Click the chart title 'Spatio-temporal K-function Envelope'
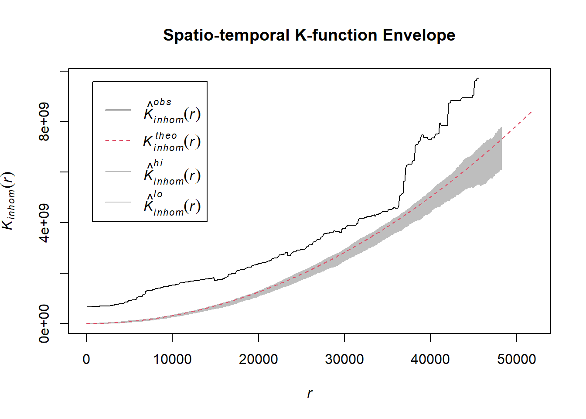tap(309, 35)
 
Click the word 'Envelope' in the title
tap(419, 35)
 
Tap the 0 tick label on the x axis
tap(86, 359)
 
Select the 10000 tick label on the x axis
tap(172, 359)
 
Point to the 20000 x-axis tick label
tap(258, 359)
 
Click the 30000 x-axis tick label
tap(344, 359)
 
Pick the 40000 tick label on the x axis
tap(430, 359)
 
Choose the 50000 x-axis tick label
tap(516, 359)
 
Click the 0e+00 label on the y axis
tap(44, 323)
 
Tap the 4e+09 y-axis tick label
tap(44, 223)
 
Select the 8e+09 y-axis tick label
tap(44, 122)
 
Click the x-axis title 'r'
tap(310, 393)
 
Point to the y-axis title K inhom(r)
tap(9, 201)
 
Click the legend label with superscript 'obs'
tap(172, 111)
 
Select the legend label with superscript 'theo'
tap(172, 141)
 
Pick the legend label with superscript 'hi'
tap(172, 173)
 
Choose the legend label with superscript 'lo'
tap(172, 203)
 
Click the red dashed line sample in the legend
tap(118, 141)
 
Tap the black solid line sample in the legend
tap(118, 110)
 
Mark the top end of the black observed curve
tap(478, 79)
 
